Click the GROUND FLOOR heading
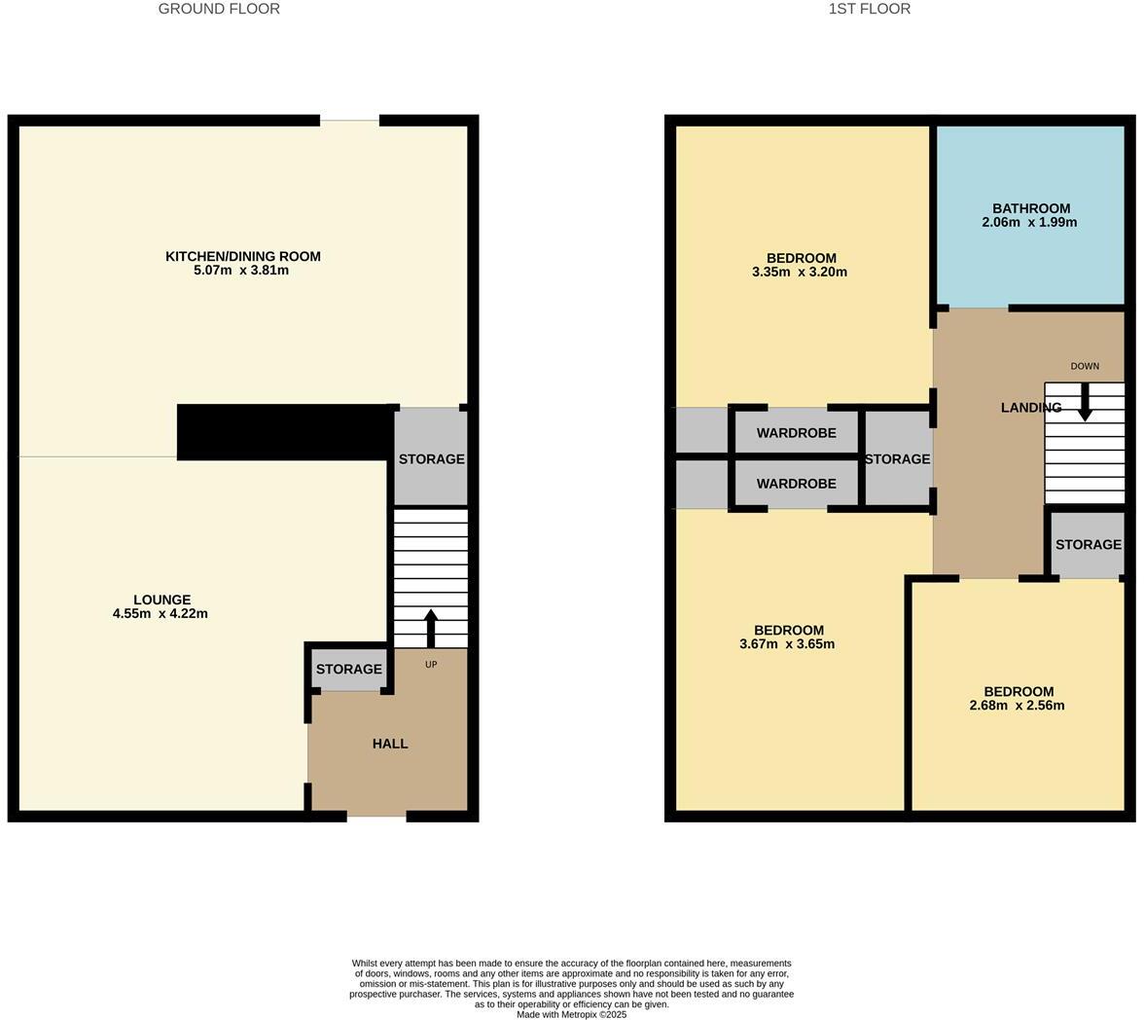click(219, 9)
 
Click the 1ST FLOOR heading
click(869, 9)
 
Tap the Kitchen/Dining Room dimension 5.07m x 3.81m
click(241, 271)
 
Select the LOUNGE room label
click(161, 600)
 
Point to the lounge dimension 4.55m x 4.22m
click(161, 614)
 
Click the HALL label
click(390, 744)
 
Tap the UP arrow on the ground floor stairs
click(431, 628)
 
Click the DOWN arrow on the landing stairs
click(1085, 402)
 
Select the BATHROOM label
click(1031, 208)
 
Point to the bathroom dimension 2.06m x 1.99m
click(1029, 222)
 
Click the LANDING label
click(1031, 408)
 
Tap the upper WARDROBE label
click(796, 433)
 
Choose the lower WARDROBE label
click(796, 484)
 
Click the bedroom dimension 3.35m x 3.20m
click(800, 273)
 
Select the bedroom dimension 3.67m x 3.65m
click(787, 644)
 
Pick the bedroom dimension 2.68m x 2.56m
click(1017, 706)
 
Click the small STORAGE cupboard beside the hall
click(348, 670)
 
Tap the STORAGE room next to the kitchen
click(431, 458)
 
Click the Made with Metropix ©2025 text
click(571, 1014)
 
